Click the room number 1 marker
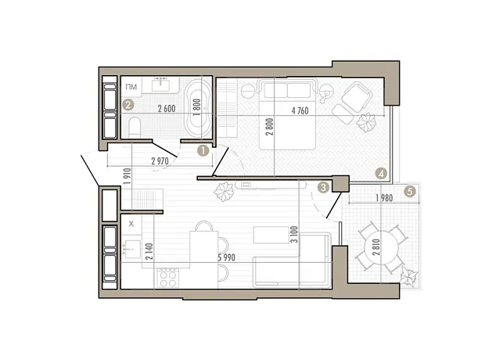203,151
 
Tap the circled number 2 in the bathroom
128,105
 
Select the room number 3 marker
324,187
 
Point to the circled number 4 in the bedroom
381,173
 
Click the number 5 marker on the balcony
410,192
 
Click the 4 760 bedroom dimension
300,110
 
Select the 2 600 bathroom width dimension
167,109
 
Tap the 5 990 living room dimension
227,257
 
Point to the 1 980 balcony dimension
384,198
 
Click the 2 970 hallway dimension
160,161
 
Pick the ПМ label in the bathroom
131,87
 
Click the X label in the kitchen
131,224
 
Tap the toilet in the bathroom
135,128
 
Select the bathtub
198,108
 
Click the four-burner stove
167,279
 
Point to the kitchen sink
131,249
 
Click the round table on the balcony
382,247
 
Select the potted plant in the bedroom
366,122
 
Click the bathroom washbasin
160,85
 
